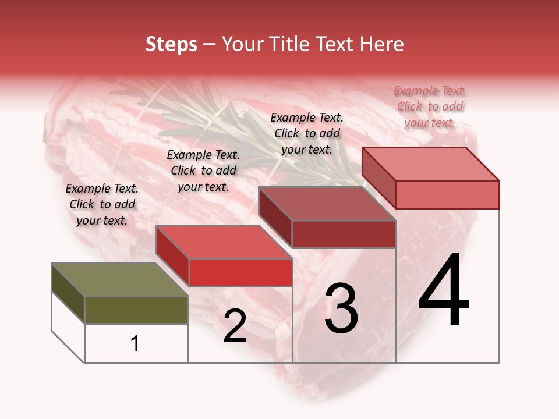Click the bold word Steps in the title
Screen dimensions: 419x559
pyautogui.click(x=171, y=44)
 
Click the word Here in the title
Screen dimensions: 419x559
pyautogui.click(x=383, y=44)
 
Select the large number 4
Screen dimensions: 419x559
pyautogui.click(x=444, y=291)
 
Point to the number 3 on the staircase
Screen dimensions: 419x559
pyautogui.click(x=341, y=308)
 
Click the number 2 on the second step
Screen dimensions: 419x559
pyautogui.click(x=235, y=326)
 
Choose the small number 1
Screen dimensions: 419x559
pyautogui.click(x=135, y=343)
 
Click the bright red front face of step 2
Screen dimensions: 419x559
pyautogui.click(x=240, y=272)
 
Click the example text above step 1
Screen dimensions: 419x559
pyautogui.click(x=102, y=204)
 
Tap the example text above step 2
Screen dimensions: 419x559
pyautogui.click(x=203, y=171)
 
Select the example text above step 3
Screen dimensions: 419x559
pyautogui.click(x=307, y=133)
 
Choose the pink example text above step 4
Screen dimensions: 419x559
pyautogui.click(x=430, y=106)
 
